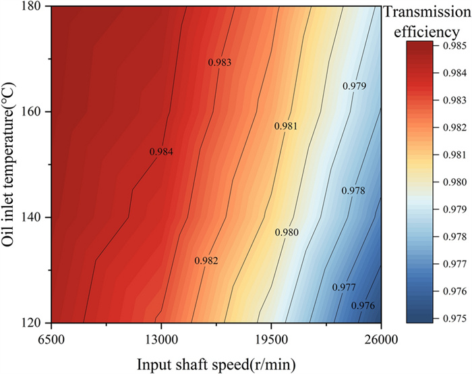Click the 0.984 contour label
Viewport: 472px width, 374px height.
[161, 152]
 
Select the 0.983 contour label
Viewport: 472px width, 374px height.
[219, 62]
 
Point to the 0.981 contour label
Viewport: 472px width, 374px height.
[286, 126]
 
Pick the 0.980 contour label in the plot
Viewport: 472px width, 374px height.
[287, 232]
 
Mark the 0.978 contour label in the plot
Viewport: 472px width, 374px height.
[353, 191]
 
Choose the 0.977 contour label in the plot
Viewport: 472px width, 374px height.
[344, 287]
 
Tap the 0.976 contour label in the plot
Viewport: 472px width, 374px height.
[363, 305]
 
